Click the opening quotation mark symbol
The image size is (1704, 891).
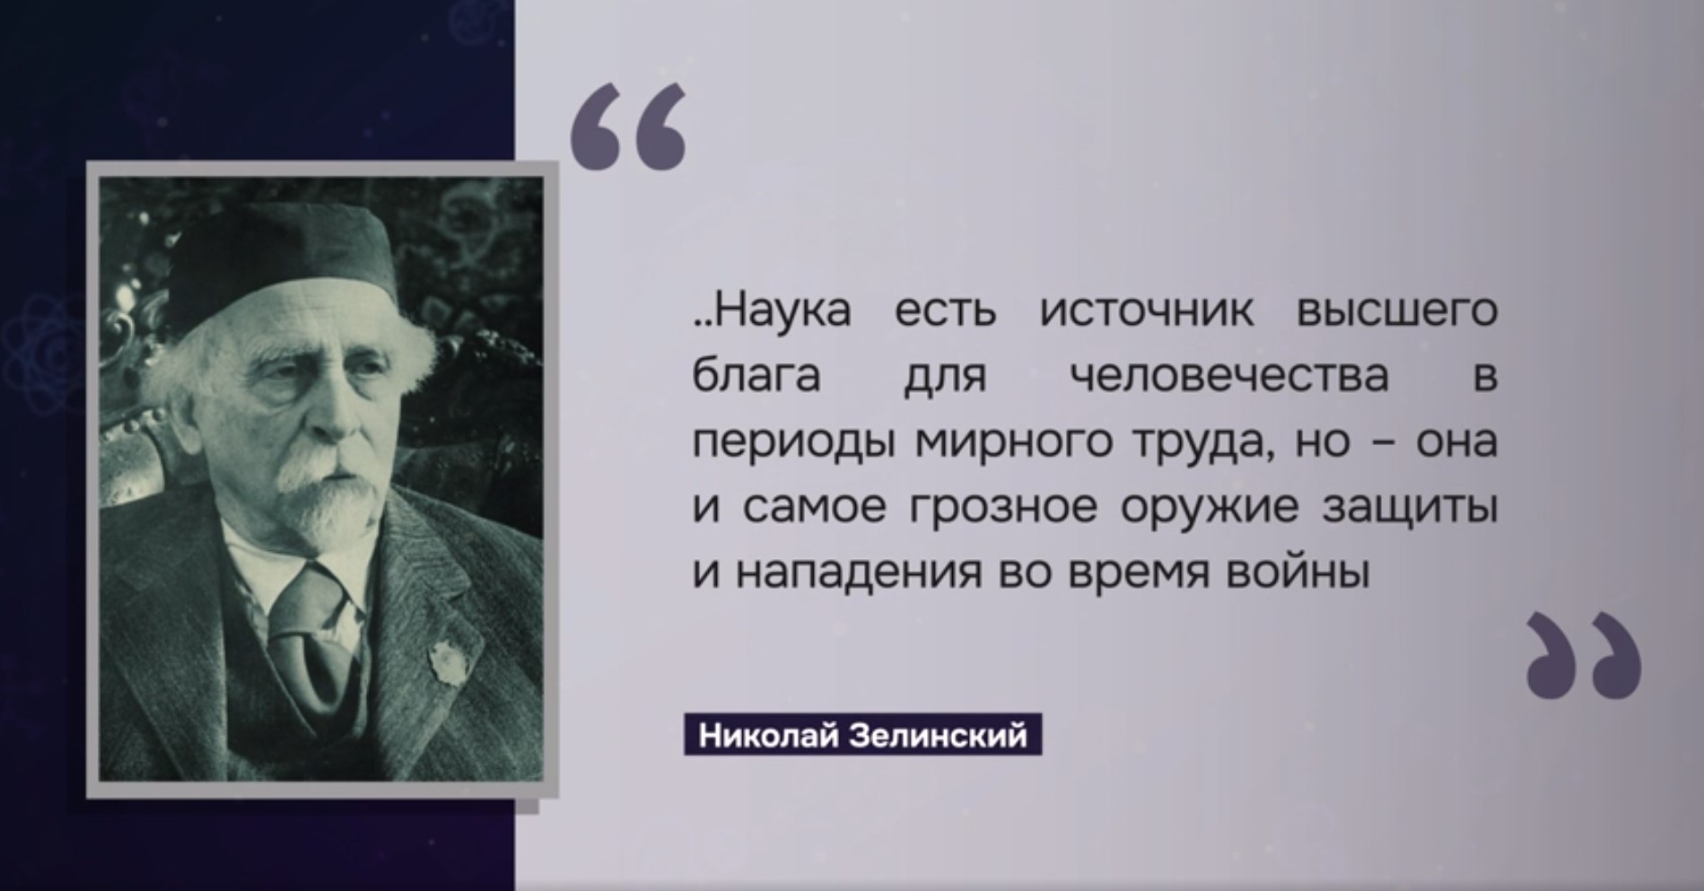628,127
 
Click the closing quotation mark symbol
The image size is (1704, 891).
1584,655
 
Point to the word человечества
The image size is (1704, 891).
1230,378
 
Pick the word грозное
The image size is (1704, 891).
1004,509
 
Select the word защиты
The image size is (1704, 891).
1411,509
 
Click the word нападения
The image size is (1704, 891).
859,573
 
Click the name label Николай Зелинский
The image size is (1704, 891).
862,736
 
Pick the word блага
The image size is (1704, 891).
756,378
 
